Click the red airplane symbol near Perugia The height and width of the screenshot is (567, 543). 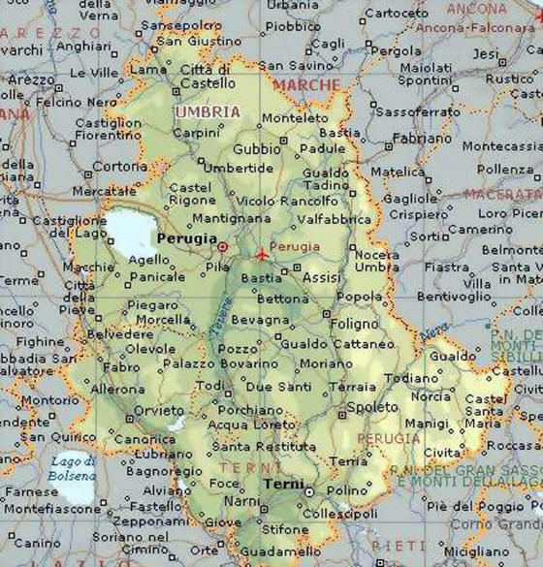(x=262, y=254)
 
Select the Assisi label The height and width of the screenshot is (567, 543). (x=322, y=277)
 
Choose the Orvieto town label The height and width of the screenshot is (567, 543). (x=158, y=410)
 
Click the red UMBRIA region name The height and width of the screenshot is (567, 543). (x=207, y=112)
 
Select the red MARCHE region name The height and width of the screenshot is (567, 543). (x=306, y=85)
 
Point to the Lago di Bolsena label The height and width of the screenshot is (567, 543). (x=74, y=469)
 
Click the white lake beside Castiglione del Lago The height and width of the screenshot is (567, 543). (x=130, y=233)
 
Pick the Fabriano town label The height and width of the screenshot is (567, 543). (x=422, y=138)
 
